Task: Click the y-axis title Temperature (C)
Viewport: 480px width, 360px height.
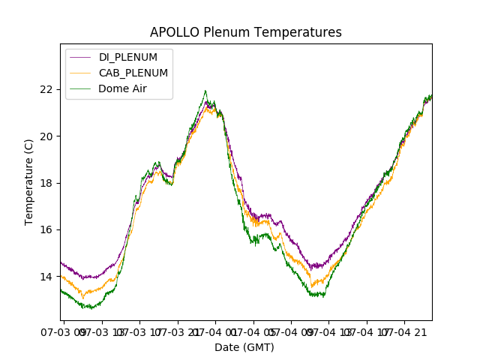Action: pyautogui.click(x=29, y=181)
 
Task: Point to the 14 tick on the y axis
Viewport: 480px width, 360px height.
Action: pyautogui.click(x=46, y=277)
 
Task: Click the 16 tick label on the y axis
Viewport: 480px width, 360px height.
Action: pyautogui.click(x=46, y=229)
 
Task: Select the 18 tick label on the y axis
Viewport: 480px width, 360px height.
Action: pyautogui.click(x=46, y=183)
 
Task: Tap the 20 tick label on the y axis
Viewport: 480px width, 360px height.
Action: pyautogui.click(x=46, y=136)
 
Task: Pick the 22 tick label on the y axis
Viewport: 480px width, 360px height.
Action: pyautogui.click(x=46, y=89)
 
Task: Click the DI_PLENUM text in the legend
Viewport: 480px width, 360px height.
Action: pyautogui.click(x=128, y=58)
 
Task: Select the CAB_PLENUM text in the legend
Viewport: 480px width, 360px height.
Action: pyautogui.click(x=133, y=73)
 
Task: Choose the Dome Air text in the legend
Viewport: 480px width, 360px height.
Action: pyautogui.click(x=122, y=88)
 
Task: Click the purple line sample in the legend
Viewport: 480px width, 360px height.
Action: pyautogui.click(x=80, y=58)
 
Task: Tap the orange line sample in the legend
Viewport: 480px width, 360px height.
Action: pyautogui.click(x=80, y=73)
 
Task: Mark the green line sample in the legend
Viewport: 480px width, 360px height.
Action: pyautogui.click(x=80, y=88)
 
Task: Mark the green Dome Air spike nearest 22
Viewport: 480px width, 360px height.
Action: pyautogui.click(x=205, y=91)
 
